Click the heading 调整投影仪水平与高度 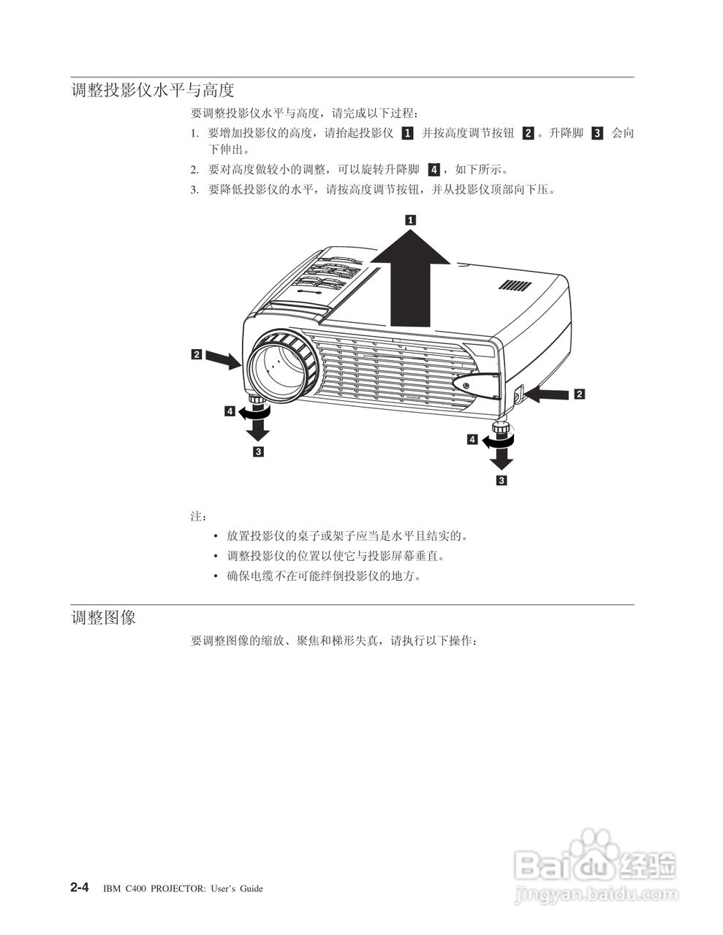point(152,91)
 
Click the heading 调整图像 point(103,618)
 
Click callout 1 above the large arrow point(410,218)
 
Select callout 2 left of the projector point(197,355)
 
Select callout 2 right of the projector point(579,394)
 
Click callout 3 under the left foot point(258,451)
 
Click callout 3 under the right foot point(501,480)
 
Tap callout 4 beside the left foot point(230,412)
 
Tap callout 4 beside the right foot point(472,440)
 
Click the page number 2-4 point(80,888)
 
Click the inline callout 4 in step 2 point(434,169)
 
